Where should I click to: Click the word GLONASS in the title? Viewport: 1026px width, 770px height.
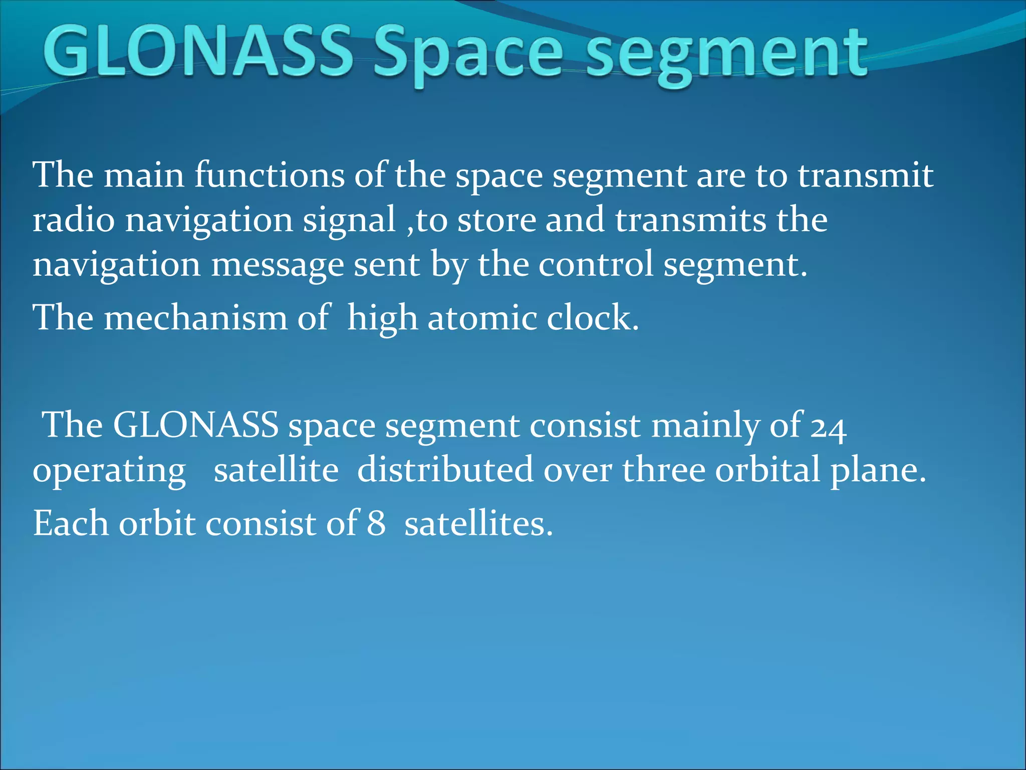(x=198, y=53)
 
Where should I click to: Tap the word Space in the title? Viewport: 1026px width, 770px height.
(x=468, y=55)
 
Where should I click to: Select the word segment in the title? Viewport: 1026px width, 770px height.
(x=726, y=55)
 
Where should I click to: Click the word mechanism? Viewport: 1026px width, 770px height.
(x=195, y=318)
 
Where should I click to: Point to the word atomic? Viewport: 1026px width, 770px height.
(x=482, y=318)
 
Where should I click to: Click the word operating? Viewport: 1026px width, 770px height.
(x=109, y=471)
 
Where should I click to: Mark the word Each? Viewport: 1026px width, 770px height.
(x=71, y=523)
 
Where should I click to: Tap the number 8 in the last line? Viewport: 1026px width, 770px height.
(x=376, y=523)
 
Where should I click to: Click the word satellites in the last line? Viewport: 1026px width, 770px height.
(x=478, y=523)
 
